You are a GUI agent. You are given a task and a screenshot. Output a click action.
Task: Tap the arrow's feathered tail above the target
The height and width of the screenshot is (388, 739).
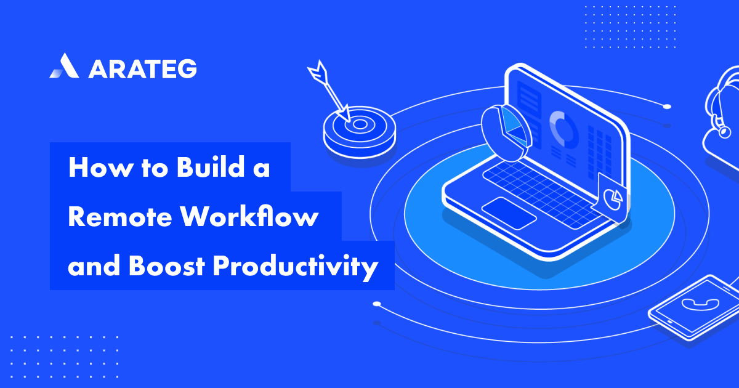(x=318, y=73)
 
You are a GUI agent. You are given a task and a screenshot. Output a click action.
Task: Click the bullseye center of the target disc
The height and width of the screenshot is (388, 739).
(x=360, y=124)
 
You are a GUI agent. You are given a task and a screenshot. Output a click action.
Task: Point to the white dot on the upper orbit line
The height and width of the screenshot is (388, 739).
(x=666, y=107)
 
